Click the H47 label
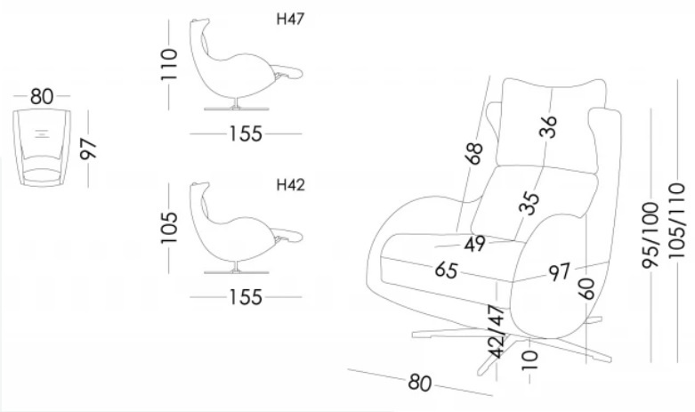click(291, 20)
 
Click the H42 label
click(291, 186)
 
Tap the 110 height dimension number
click(170, 65)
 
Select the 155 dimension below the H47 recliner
click(245, 133)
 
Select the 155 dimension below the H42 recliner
click(245, 297)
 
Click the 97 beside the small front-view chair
click(87, 149)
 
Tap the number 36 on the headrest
click(549, 126)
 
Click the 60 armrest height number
click(585, 287)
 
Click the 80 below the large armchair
click(419, 383)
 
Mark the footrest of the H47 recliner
click(287, 71)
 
